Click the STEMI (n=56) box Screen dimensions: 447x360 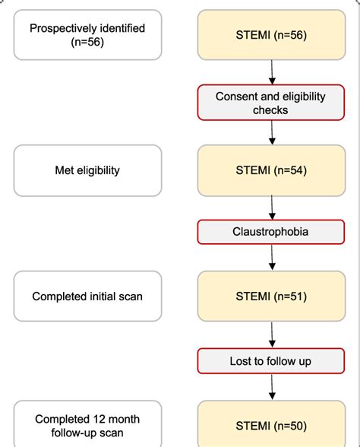point(271,35)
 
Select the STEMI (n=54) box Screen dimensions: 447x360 point(271,170)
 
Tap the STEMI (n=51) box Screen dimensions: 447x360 point(271,296)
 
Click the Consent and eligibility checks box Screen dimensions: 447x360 point(271,103)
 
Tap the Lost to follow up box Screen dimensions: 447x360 point(271,360)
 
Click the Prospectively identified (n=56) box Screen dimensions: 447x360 point(87,35)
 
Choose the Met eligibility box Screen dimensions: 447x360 point(87,170)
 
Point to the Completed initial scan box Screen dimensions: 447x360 point(87,296)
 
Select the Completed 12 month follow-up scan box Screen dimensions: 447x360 point(87,426)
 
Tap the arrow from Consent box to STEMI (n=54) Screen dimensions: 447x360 point(271,132)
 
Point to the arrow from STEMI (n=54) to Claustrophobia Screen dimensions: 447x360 point(271,208)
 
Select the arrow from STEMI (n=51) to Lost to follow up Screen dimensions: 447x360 point(271,334)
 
